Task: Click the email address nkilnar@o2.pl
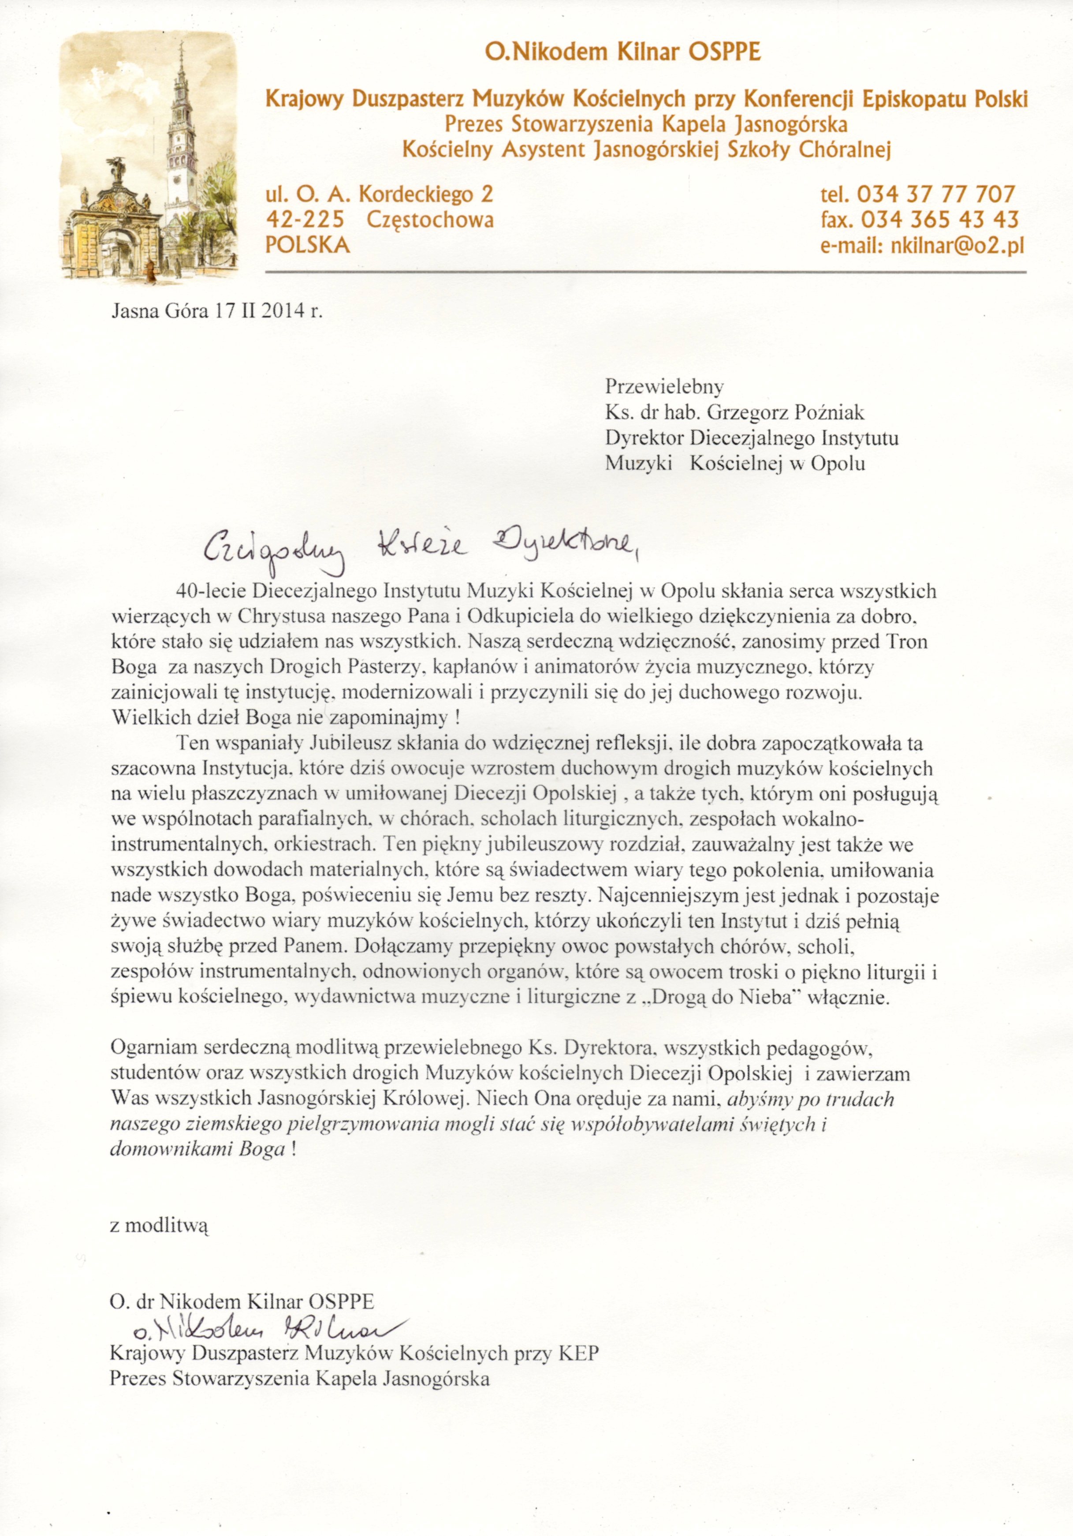click(957, 246)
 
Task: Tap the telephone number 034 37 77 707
click(935, 194)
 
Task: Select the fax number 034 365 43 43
click(939, 220)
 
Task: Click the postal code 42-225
click(305, 220)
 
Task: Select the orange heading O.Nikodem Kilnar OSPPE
click(623, 52)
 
